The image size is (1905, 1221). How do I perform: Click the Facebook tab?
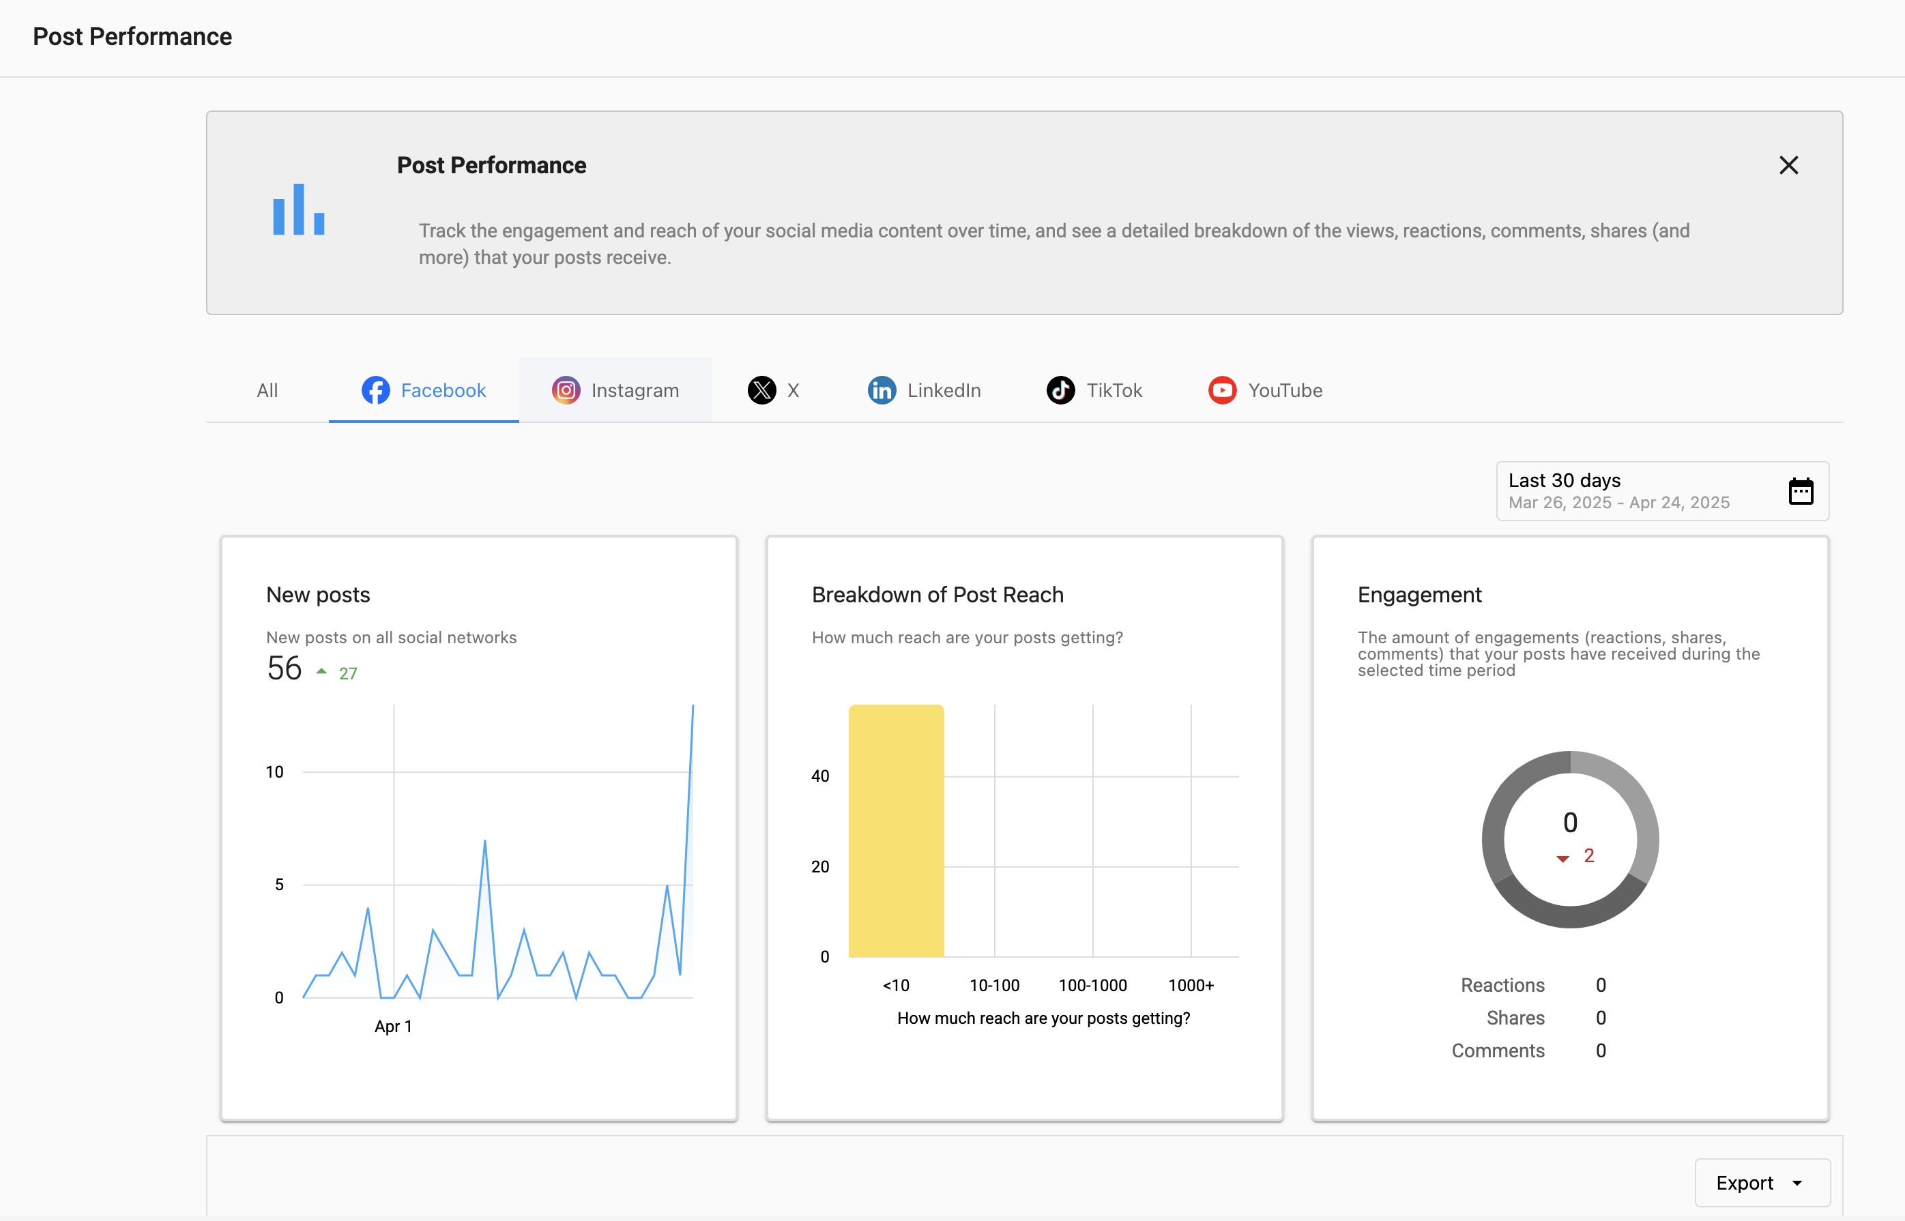[424, 390]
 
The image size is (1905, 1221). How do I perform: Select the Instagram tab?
[615, 390]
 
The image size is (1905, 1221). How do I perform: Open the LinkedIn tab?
[924, 390]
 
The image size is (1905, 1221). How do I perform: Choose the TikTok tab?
[1094, 390]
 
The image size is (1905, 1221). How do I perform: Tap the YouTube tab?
[1265, 390]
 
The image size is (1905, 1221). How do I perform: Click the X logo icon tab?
[762, 390]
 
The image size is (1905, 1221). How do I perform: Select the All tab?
[267, 390]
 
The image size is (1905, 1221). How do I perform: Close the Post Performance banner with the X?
[1788, 165]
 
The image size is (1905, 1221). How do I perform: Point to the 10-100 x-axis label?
[995, 986]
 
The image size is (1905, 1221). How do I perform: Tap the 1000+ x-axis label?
[1191, 986]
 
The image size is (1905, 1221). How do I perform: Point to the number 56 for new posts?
[284, 668]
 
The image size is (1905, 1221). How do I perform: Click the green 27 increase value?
[348, 674]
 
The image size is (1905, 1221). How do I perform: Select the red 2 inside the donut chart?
[1588, 856]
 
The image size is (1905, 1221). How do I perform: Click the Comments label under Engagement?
[1498, 1050]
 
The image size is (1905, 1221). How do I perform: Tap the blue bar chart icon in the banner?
[298, 209]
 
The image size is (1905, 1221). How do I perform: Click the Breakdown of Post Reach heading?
[937, 595]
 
